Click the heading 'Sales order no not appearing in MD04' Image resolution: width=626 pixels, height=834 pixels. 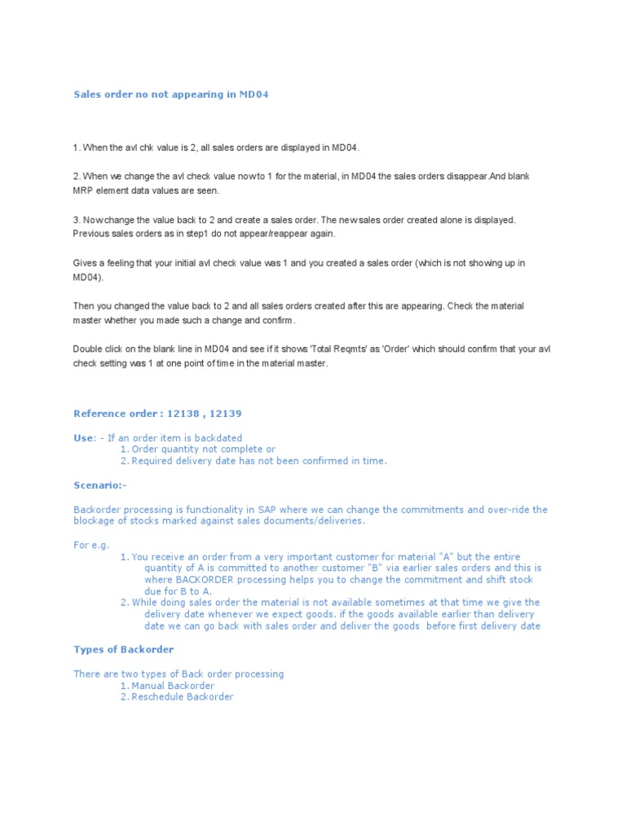170,94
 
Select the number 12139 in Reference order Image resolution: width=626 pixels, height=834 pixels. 225,414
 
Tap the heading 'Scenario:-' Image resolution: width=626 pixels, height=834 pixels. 100,485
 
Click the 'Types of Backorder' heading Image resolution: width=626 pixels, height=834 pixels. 123,649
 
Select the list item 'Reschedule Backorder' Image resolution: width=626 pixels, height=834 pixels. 182,697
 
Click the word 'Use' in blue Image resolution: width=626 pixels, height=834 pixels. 84,438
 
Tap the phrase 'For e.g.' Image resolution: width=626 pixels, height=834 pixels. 91,545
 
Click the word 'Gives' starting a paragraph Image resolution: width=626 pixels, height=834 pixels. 86,262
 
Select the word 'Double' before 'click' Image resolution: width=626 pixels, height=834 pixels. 90,349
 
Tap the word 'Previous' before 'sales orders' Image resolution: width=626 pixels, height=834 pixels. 94,234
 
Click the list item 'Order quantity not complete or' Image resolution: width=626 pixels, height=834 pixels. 203,449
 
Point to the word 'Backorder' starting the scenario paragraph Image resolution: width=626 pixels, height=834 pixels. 99,510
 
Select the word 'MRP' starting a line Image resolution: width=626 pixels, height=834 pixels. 84,191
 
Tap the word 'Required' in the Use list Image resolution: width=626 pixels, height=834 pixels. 152,461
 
